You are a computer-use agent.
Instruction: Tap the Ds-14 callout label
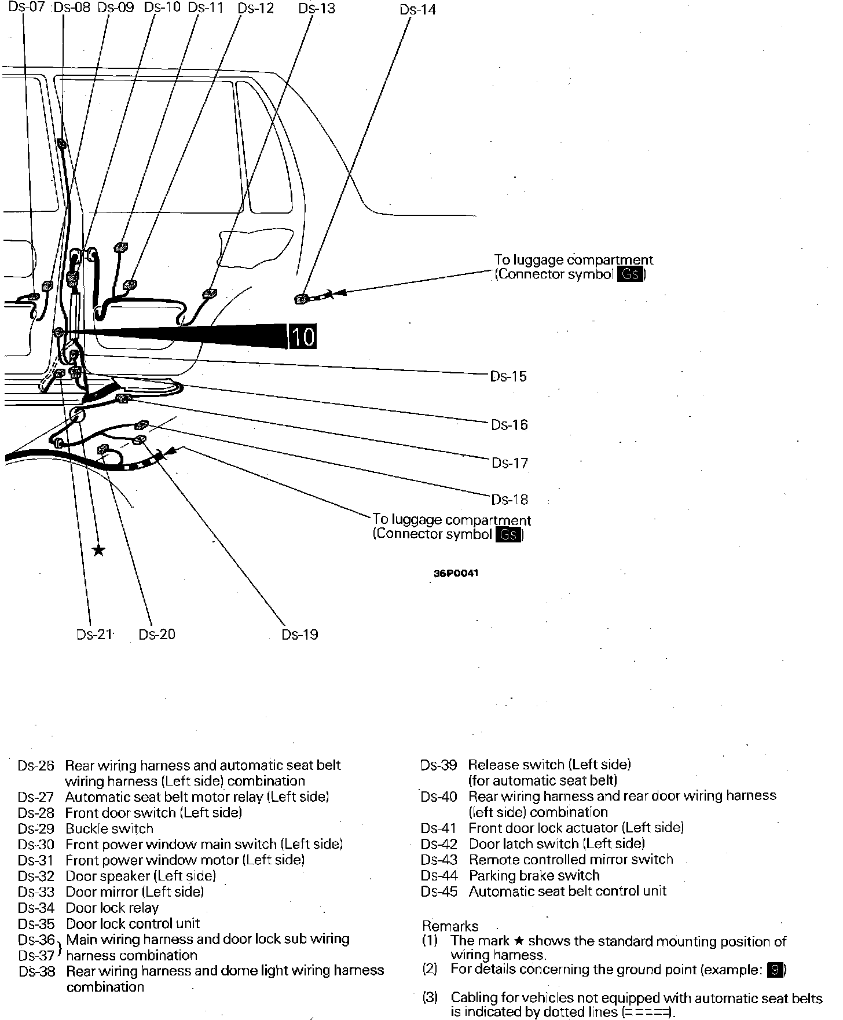tap(417, 9)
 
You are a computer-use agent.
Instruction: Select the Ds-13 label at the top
tap(316, 8)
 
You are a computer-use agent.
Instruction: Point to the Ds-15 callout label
tap(508, 376)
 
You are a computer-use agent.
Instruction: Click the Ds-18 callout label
tap(510, 499)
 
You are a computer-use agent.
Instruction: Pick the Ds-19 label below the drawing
tap(299, 634)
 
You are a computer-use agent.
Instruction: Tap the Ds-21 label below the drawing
tap(94, 634)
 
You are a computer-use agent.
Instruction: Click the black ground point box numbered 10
tap(302, 336)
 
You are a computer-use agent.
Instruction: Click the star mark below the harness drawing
tap(99, 550)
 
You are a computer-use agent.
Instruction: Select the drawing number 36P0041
tap(456, 574)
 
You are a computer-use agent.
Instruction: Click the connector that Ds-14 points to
tap(302, 299)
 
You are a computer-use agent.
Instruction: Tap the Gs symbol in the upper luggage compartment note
tap(630, 274)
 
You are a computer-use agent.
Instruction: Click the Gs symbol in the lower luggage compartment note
tap(508, 534)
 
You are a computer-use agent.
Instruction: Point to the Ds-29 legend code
tap(36, 828)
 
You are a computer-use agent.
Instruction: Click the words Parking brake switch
tap(534, 875)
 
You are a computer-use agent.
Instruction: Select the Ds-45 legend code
tap(439, 891)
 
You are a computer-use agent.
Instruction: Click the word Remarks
tap(450, 926)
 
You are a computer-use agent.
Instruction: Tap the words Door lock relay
tap(112, 908)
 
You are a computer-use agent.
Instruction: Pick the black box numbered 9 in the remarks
tap(775, 969)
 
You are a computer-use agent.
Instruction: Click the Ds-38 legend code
tap(36, 971)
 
